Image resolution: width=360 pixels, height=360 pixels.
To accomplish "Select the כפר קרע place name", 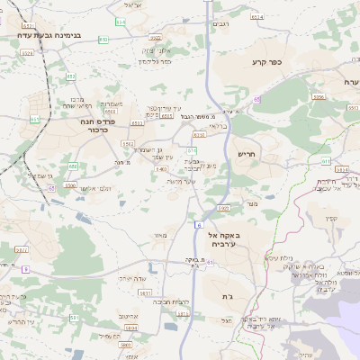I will pyautogui.click(x=267, y=62).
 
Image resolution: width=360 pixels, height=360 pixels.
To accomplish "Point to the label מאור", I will pyautogui.click(x=160, y=237).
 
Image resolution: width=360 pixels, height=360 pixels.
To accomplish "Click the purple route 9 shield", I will pyautogui.click(x=26, y=269).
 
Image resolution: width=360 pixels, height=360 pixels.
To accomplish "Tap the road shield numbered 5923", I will pyautogui.click(x=223, y=208).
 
